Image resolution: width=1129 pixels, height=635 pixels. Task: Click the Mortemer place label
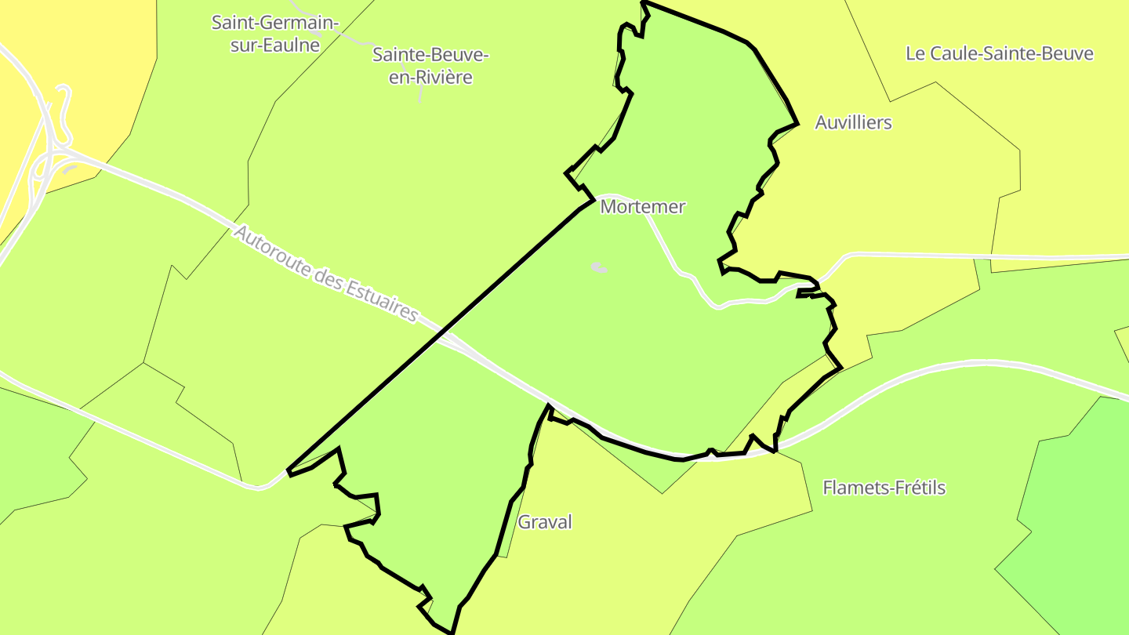(x=642, y=207)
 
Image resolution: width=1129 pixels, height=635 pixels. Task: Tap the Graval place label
(x=545, y=522)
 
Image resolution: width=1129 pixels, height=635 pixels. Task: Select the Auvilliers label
(x=853, y=122)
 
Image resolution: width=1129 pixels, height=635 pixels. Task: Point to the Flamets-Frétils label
(x=884, y=488)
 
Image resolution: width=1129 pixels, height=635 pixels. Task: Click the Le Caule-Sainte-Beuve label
(x=999, y=53)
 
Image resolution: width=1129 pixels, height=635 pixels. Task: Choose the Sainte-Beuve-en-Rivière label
(x=430, y=66)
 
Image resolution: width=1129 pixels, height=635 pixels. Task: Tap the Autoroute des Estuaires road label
(x=325, y=273)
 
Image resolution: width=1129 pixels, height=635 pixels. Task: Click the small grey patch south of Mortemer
(x=599, y=268)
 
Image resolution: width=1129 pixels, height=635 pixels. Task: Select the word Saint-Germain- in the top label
(x=274, y=22)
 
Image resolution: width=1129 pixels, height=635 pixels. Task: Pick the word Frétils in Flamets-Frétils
(x=919, y=488)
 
